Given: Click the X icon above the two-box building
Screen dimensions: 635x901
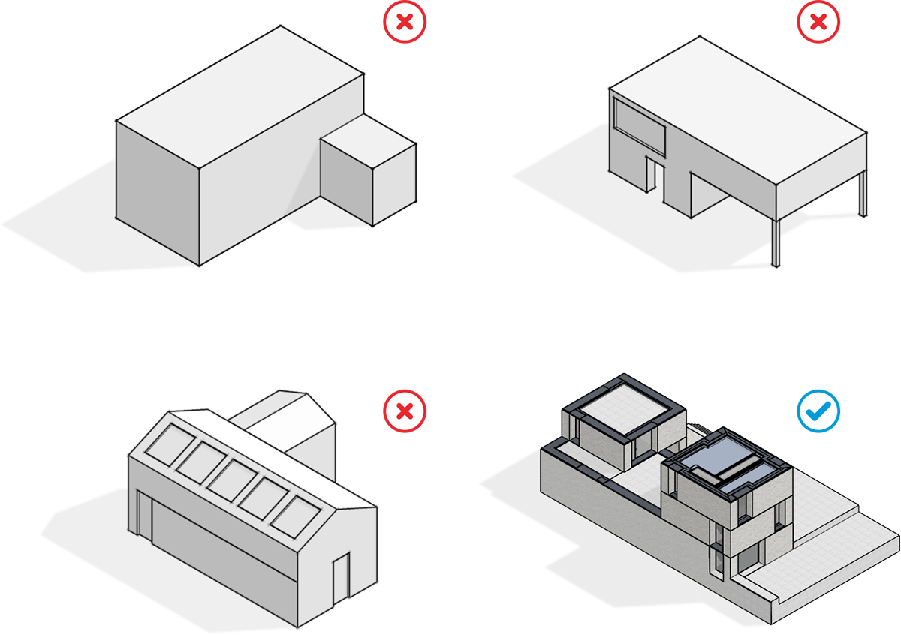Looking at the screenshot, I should pos(404,23).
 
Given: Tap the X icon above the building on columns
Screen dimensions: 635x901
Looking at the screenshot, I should pos(817,23).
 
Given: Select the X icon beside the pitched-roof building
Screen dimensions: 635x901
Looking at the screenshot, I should pos(404,411).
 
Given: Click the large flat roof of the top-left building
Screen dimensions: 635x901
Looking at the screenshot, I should pos(240,98).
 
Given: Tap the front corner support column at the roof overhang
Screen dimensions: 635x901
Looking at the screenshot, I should pos(776,240).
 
